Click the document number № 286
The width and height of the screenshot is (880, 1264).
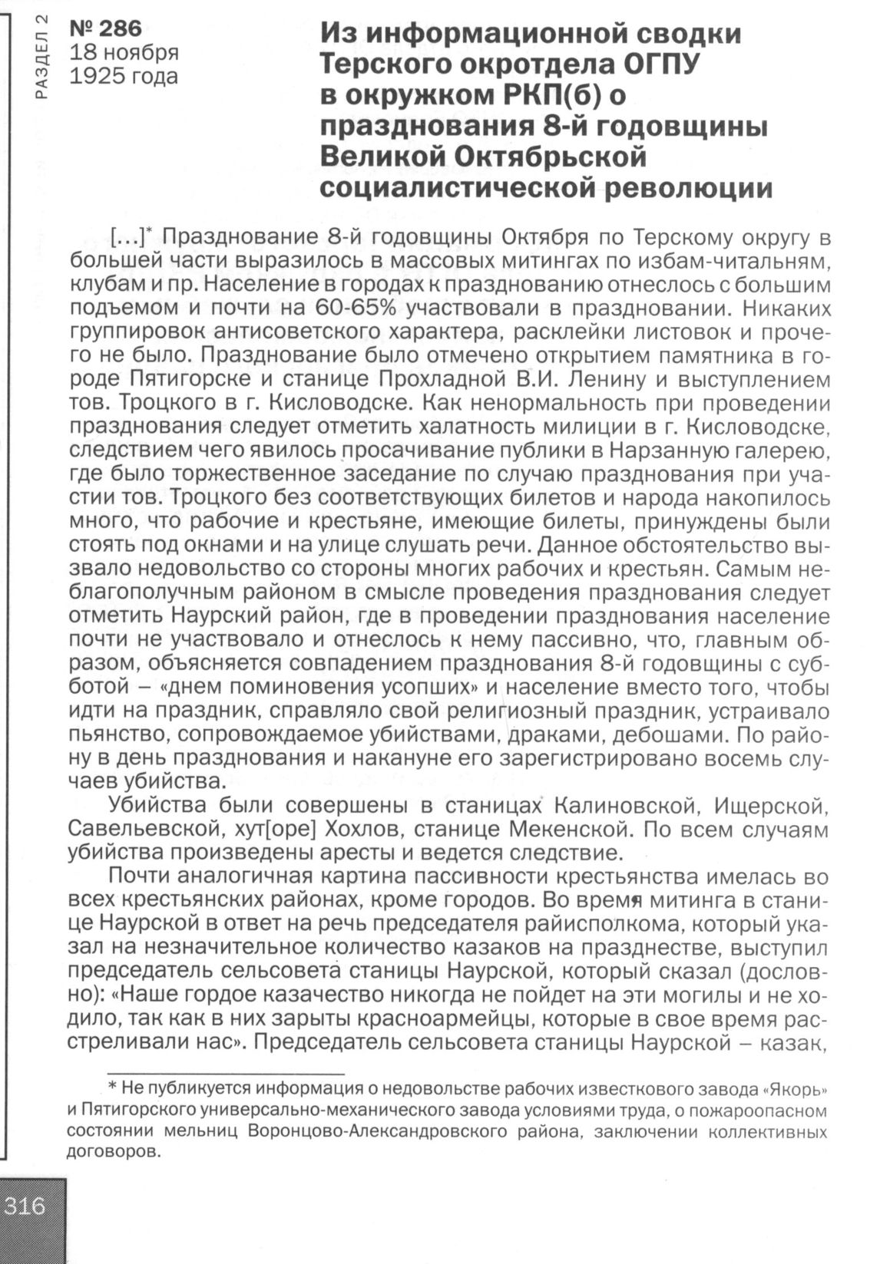106,29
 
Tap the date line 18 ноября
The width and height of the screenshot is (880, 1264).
124,53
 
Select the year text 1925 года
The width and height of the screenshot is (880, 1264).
123,77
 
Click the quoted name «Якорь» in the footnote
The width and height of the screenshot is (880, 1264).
795,1089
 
